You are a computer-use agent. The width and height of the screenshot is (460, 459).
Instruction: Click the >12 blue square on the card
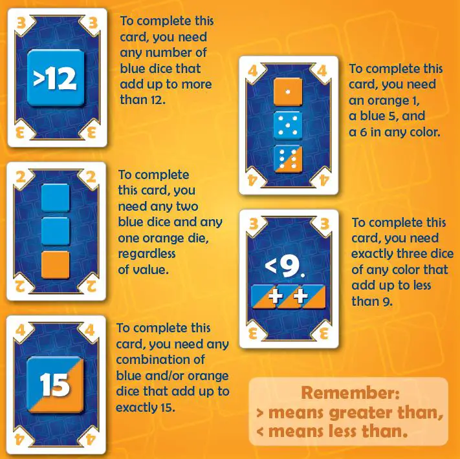pos(56,78)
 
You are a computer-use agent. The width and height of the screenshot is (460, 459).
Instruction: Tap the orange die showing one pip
pos(287,92)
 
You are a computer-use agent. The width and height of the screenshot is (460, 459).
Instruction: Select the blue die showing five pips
pos(287,125)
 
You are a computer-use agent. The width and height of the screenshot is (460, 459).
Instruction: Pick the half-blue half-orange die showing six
pos(287,159)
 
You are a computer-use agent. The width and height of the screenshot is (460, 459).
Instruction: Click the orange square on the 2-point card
pos(56,264)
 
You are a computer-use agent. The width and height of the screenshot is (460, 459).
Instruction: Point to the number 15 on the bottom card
pos(55,385)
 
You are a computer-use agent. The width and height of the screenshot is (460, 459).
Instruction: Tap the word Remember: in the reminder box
pos(350,393)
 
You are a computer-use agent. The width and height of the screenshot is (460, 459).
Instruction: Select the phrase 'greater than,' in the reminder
pos(386,412)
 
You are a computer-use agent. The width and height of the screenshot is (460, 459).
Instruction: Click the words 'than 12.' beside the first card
pos(142,100)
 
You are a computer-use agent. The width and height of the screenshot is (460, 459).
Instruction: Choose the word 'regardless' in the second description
pos(147,254)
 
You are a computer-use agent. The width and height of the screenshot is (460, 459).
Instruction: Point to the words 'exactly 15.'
pos(146,407)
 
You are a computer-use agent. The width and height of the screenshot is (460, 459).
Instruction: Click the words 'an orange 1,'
pos(384,101)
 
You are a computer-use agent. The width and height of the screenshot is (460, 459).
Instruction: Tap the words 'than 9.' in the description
pos(372,301)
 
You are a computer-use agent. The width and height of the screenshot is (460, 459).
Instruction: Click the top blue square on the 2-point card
pos(56,198)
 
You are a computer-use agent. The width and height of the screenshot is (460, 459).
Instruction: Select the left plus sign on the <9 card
pos(276,296)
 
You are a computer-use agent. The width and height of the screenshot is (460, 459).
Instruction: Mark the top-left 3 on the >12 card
pos(21,23)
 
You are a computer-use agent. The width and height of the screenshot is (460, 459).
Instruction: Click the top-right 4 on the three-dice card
pos(322,70)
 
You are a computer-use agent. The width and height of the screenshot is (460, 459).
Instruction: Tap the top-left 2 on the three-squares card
pos(21,177)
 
